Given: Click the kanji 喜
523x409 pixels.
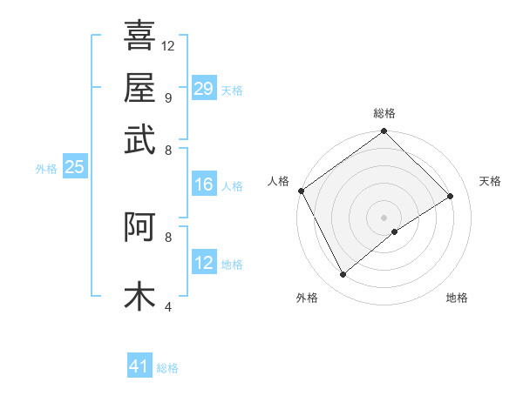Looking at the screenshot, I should click(139, 35).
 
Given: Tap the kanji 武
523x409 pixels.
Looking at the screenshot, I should click(139, 139).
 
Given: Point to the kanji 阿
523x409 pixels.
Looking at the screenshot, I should click(139, 226).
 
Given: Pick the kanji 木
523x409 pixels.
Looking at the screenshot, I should click(139, 295).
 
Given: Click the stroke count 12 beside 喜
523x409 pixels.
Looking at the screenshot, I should click(168, 45).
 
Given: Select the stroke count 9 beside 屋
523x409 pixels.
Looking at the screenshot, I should click(167, 97).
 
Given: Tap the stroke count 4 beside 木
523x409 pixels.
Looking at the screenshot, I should click(167, 305).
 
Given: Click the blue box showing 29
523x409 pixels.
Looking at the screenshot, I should click(203, 88).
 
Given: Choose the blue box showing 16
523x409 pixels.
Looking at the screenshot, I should click(203, 184).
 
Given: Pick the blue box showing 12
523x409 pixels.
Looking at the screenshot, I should click(203, 263).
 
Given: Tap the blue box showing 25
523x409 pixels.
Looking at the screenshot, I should click(74, 168).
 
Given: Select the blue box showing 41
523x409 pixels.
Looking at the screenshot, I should click(139, 366).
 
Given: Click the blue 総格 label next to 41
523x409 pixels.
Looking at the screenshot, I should click(167, 368).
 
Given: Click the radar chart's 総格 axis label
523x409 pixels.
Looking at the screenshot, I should click(384, 114).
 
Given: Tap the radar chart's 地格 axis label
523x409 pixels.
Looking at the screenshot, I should click(457, 298).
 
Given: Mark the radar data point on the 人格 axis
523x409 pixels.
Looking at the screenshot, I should click(301, 191).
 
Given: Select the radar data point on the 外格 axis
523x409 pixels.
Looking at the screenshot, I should click(343, 275).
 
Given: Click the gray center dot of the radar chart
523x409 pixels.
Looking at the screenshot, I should click(384, 217).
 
